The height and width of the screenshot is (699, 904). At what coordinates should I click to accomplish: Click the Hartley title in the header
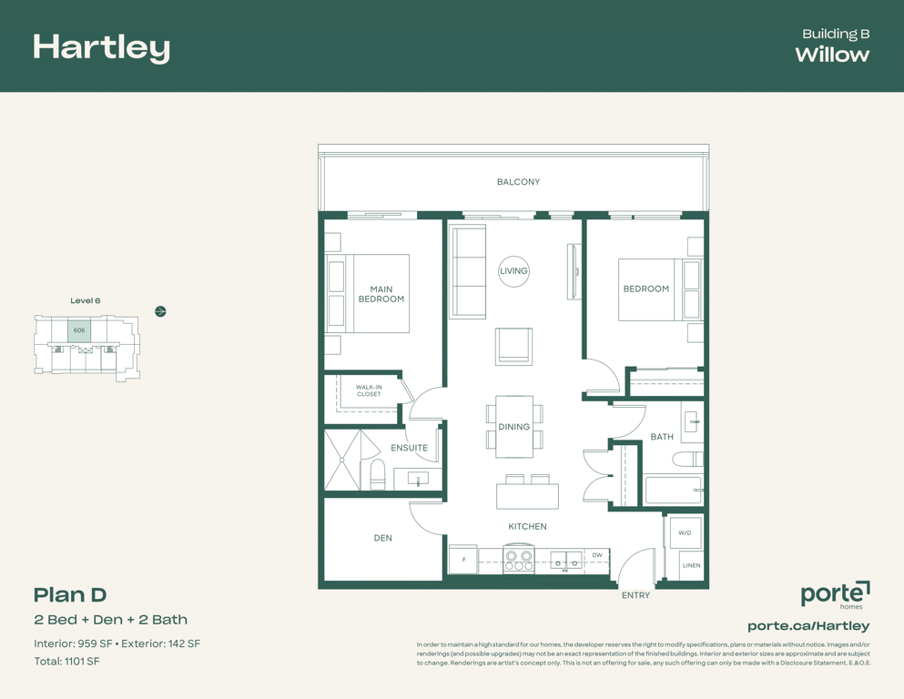click(x=101, y=48)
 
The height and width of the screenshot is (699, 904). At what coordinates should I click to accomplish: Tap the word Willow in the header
click(x=832, y=55)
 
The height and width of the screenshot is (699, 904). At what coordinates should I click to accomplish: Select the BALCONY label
click(x=518, y=181)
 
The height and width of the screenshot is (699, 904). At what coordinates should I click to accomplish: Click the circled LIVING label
click(x=513, y=271)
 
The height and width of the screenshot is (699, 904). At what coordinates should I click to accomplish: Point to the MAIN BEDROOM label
click(x=381, y=294)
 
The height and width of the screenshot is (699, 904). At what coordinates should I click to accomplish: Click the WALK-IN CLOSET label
click(x=369, y=390)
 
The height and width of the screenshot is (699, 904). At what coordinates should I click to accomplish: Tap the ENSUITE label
click(x=410, y=448)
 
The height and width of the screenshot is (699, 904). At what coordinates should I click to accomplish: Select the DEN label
click(x=383, y=538)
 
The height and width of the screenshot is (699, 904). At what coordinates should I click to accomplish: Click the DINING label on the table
click(x=513, y=427)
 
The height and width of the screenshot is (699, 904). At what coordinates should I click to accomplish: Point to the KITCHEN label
click(x=527, y=527)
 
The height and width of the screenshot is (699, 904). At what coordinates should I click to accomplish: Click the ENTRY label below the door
click(x=636, y=595)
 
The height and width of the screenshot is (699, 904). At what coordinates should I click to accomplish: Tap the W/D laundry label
click(x=685, y=533)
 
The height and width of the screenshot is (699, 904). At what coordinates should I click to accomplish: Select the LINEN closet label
click(x=692, y=565)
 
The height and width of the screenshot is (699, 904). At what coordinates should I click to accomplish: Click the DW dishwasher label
click(x=597, y=555)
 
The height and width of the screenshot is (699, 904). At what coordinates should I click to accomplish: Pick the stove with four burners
click(x=519, y=559)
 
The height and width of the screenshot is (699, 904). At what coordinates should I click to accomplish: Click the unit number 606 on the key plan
click(x=79, y=330)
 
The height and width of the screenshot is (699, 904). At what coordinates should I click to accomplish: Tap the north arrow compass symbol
click(x=161, y=312)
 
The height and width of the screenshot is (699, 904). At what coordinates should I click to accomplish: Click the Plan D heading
click(x=70, y=594)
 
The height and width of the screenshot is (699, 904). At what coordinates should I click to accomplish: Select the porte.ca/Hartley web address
click(x=808, y=626)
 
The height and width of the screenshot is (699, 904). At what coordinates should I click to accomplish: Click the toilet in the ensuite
click(x=377, y=475)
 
